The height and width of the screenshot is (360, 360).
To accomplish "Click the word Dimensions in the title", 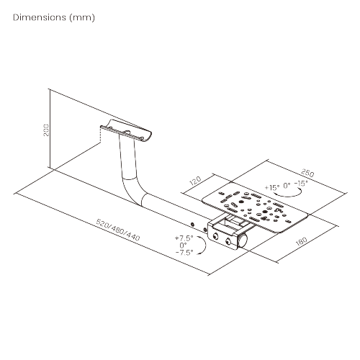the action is tap(40, 17).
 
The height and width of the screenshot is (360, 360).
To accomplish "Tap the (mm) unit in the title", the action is tap(82, 18).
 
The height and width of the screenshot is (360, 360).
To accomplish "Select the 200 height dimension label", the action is tap(46, 130).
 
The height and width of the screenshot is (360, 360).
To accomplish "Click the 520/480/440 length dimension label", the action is tap(117, 230).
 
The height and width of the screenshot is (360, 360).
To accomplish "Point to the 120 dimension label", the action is tap(195, 181).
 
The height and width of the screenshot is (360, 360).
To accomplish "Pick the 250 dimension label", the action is tap(307, 173).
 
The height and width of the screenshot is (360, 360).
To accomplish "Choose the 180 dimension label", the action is tap(302, 241).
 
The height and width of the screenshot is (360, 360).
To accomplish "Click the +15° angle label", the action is tap(272, 187).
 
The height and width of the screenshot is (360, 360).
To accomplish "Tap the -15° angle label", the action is tap(301, 184).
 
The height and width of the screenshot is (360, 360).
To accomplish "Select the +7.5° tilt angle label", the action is tap(184, 238).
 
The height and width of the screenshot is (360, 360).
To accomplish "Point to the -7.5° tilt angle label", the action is tap(184, 253).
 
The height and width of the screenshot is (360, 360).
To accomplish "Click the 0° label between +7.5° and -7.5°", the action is tap(183, 246).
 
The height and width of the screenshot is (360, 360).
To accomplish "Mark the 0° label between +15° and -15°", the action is tap(287, 186).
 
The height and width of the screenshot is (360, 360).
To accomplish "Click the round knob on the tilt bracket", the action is tap(243, 240).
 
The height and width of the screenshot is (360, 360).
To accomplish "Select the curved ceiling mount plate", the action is tap(126, 131).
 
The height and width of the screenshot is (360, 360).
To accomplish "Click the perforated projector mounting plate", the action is tap(255, 209).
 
